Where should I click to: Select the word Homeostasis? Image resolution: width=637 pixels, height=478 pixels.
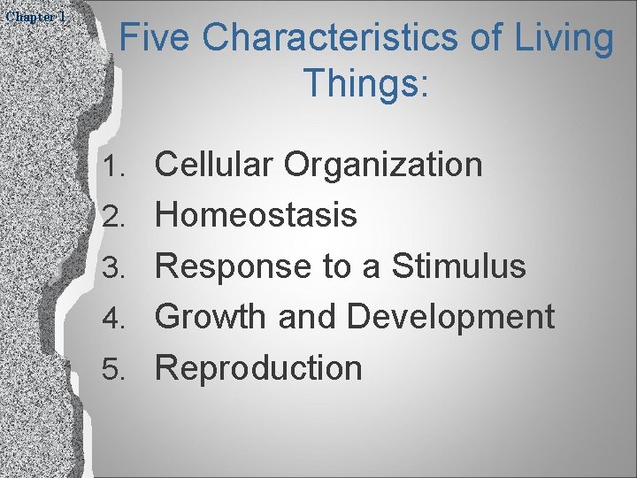pos(257,214)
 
